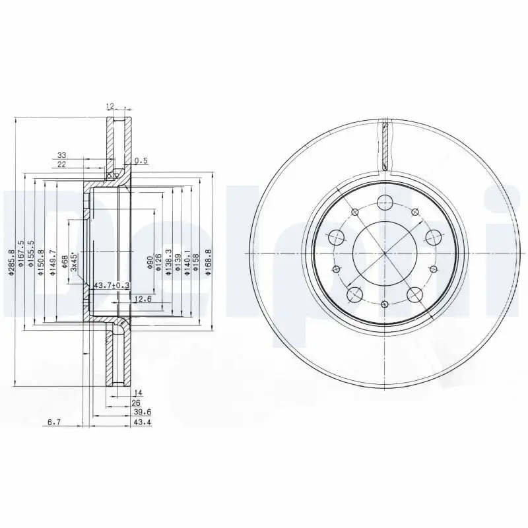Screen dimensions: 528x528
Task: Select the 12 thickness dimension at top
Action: point(110,106)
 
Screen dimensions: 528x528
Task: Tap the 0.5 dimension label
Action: point(141,160)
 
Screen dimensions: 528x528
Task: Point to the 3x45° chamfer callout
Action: point(75,262)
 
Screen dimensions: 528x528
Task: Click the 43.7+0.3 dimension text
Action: point(112,285)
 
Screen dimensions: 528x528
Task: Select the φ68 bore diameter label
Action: point(65,263)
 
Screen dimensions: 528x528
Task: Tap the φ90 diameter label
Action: point(150,263)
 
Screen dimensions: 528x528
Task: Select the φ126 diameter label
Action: point(159,262)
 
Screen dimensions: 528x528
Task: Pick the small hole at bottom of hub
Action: point(384,304)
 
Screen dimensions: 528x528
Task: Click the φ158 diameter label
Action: point(197,262)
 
